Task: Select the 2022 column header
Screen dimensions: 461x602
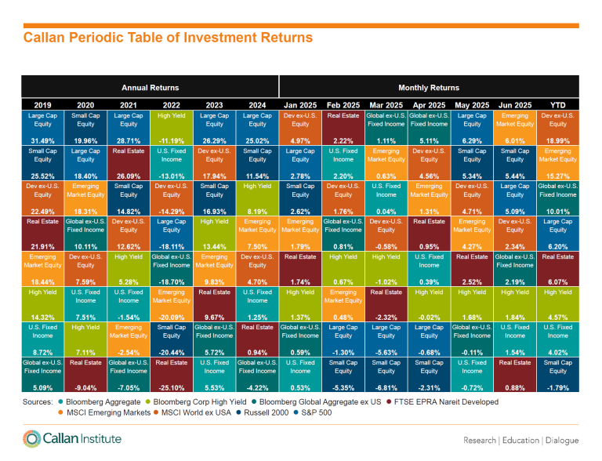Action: pyautogui.click(x=171, y=105)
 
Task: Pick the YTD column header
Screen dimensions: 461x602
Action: pyautogui.click(x=557, y=105)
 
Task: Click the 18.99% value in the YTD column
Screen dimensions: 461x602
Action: pyautogui.click(x=557, y=141)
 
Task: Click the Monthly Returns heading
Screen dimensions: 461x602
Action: pyautogui.click(x=429, y=88)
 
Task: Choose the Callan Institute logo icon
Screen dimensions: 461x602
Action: pyautogui.click(x=32, y=439)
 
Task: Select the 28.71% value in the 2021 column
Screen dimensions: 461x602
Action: pyautogui.click(x=129, y=141)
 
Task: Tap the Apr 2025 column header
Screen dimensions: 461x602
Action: pyautogui.click(x=429, y=105)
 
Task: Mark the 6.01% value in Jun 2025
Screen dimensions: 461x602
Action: pyautogui.click(x=514, y=141)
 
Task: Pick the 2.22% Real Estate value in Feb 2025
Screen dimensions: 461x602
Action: pyautogui.click(x=343, y=141)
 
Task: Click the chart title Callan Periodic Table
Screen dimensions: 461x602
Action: pyautogui.click(x=168, y=38)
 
